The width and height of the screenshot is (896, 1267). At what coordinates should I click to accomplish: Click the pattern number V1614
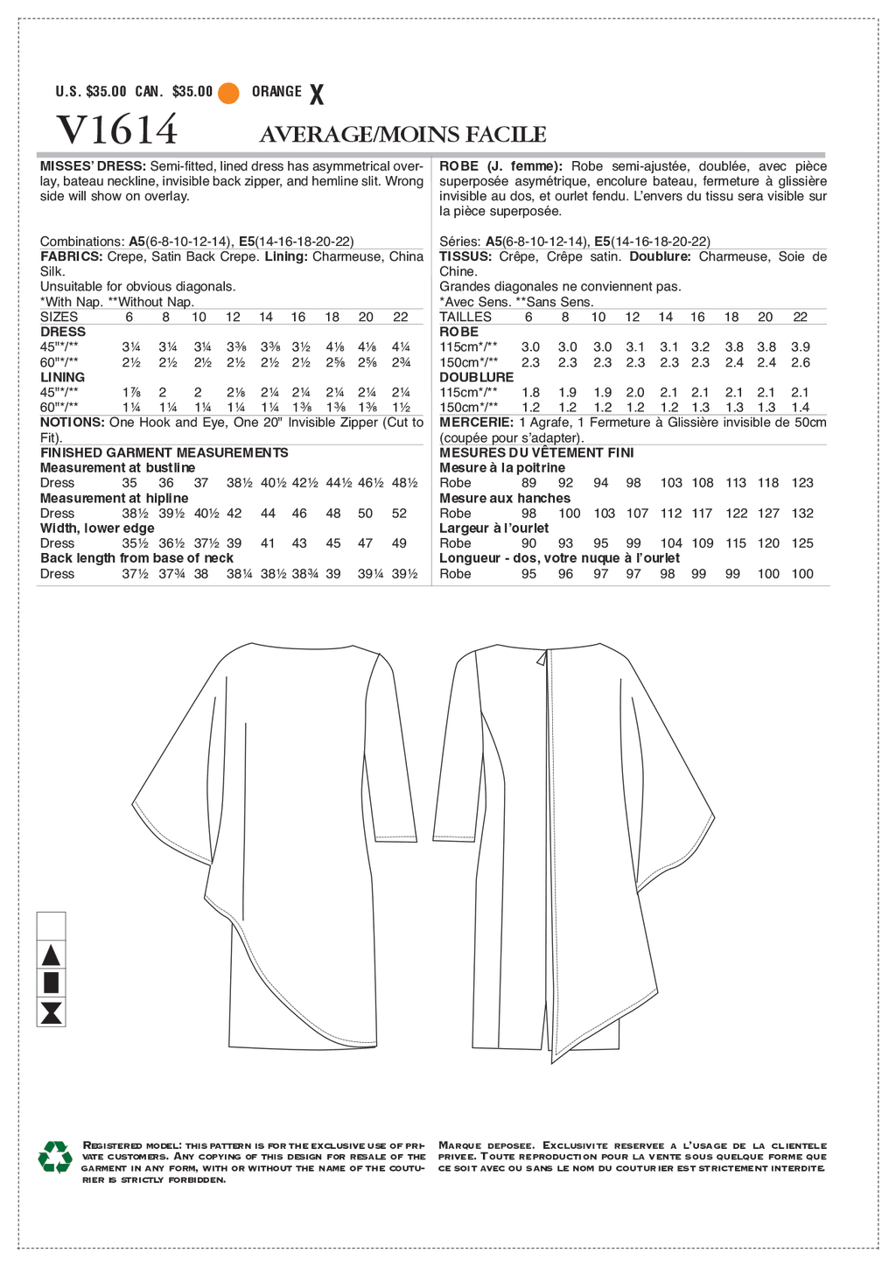pos(116,130)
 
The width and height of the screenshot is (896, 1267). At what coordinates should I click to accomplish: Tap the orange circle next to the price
pos(228,93)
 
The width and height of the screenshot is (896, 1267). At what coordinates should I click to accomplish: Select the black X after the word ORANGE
pos(317,94)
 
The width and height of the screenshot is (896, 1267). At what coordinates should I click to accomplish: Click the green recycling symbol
pos(55,1156)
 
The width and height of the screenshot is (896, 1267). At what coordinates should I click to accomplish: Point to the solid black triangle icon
pos(52,955)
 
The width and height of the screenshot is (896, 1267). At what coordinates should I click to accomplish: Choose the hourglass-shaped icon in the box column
pos(52,1012)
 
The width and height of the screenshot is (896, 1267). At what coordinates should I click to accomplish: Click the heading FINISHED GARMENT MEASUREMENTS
pos(164,452)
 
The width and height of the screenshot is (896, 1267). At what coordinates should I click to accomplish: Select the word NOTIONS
pos(72,423)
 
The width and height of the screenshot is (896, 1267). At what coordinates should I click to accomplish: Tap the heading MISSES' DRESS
pos(93,166)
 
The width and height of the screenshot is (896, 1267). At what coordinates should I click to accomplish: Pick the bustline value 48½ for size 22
pos(405,483)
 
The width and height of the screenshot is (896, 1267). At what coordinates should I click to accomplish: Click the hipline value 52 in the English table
pos(400,514)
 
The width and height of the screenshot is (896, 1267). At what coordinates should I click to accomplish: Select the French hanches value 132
pos(802,514)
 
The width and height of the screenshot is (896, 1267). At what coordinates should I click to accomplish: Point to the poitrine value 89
pos(528,483)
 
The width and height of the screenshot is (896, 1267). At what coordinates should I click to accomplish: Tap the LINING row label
pos(63,377)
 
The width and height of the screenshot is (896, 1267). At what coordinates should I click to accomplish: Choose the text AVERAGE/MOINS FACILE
pos(402,134)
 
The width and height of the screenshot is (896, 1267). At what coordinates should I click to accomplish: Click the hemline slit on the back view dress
pos(535,1029)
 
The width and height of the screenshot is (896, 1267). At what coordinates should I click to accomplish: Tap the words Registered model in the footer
pos(131,1144)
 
